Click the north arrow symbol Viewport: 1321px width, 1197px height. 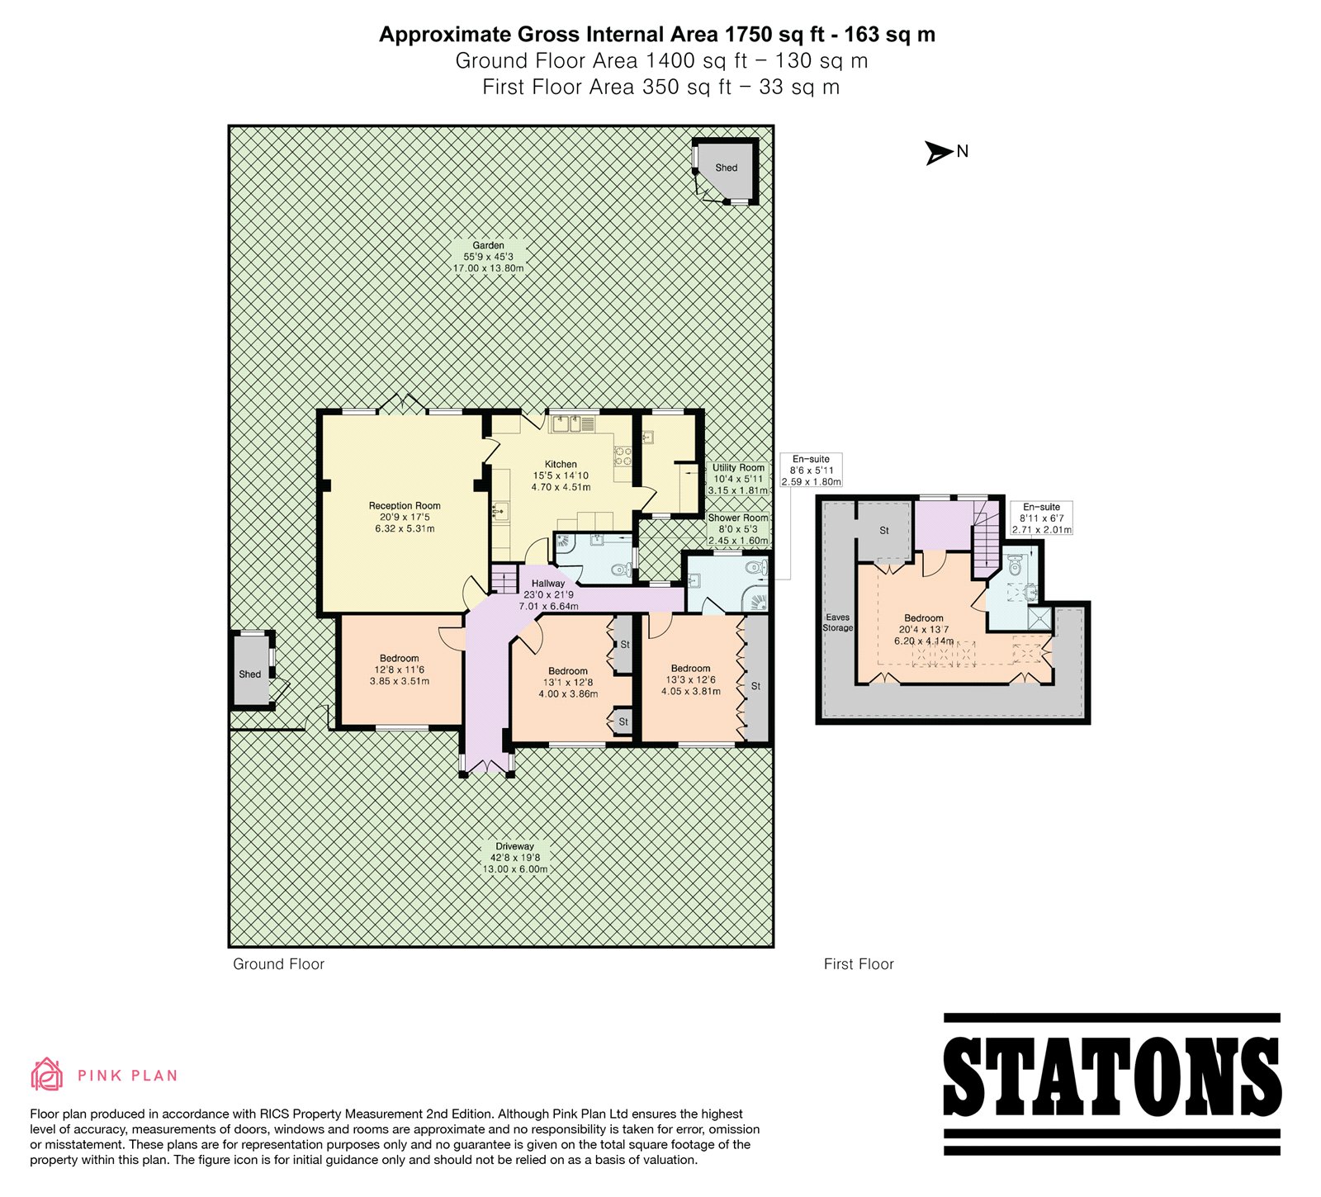click(939, 153)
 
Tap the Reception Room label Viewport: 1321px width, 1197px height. click(405, 517)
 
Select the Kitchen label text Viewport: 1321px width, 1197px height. click(561, 475)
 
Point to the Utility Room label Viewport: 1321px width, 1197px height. click(738, 479)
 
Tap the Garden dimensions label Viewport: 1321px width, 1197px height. click(488, 257)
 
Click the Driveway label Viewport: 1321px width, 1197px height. click(514, 858)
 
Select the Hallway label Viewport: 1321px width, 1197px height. click(548, 594)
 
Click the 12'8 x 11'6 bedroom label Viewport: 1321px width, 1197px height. click(400, 669)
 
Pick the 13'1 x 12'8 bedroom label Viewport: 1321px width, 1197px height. click(568, 683)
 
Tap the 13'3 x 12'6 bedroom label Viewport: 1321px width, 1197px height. click(691, 679)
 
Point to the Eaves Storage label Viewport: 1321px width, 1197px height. click(837, 622)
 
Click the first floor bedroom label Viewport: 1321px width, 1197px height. click(924, 629)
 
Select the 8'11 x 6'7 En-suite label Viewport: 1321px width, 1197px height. click(1042, 518)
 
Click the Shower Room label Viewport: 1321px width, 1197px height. click(738, 529)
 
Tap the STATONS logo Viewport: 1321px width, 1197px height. click(1111, 1084)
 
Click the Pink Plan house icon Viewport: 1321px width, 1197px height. click(47, 1073)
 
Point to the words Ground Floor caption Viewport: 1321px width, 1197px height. click(279, 964)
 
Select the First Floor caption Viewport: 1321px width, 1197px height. click(859, 964)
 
